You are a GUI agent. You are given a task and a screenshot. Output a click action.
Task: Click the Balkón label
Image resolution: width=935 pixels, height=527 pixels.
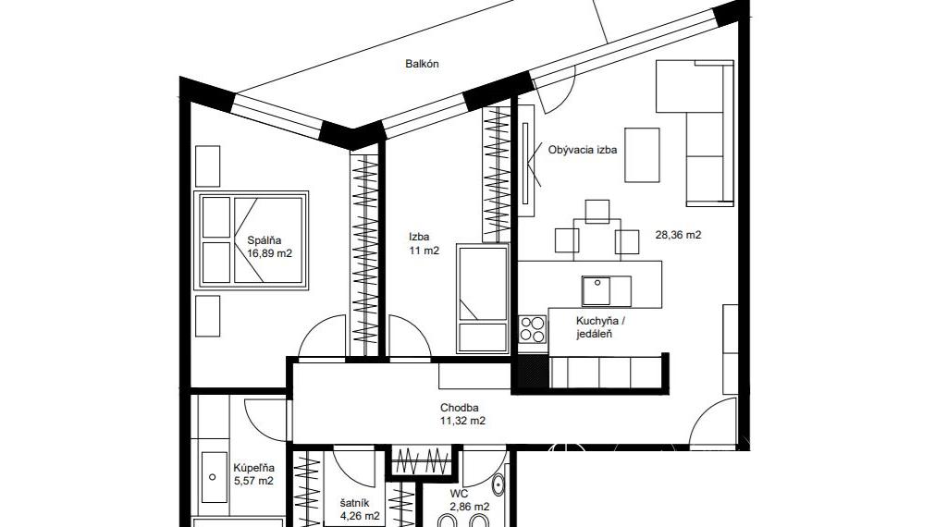pyautogui.click(x=422, y=64)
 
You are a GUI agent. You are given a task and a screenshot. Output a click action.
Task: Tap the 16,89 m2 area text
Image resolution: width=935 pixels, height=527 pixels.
pyautogui.click(x=270, y=253)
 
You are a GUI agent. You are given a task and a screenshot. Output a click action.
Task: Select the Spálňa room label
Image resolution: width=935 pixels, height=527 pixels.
pyautogui.click(x=265, y=240)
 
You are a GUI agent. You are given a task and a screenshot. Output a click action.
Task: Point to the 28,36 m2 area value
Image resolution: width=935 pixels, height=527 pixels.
pyautogui.click(x=678, y=235)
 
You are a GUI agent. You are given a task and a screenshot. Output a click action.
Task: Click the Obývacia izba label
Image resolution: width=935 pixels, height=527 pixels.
pyautogui.click(x=583, y=150)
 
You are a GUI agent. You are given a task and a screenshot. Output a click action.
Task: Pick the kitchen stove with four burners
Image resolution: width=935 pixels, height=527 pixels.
pyautogui.click(x=532, y=329)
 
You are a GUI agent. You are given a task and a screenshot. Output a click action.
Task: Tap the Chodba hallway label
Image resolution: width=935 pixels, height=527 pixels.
pyautogui.click(x=459, y=409)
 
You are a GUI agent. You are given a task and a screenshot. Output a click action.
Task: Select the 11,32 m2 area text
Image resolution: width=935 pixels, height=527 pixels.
pyautogui.click(x=462, y=421)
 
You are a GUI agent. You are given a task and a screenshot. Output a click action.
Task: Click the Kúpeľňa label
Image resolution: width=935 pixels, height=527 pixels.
pyautogui.click(x=254, y=468)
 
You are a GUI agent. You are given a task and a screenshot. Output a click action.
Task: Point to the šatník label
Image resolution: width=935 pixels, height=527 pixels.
pyautogui.click(x=355, y=504)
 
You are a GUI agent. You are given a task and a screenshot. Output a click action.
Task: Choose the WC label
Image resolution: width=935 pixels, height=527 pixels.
pyautogui.click(x=459, y=495)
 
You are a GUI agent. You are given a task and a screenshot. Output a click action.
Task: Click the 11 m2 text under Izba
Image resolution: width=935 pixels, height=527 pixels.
pyautogui.click(x=424, y=251)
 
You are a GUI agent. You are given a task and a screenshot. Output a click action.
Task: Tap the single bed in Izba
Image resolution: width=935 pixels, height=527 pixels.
pyautogui.click(x=483, y=298)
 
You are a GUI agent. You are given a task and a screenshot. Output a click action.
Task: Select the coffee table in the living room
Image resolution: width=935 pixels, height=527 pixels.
pyautogui.click(x=642, y=155)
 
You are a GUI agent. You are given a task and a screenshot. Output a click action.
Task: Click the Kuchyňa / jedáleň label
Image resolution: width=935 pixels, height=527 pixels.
pyautogui.click(x=600, y=327)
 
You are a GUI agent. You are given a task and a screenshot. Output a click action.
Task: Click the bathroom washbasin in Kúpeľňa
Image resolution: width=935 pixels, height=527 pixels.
pyautogui.click(x=214, y=476)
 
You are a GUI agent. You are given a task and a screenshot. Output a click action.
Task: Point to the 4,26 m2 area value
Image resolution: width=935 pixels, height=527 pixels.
pyautogui.click(x=360, y=516)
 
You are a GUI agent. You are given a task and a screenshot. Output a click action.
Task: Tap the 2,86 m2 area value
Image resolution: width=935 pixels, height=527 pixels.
pyautogui.click(x=470, y=508)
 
